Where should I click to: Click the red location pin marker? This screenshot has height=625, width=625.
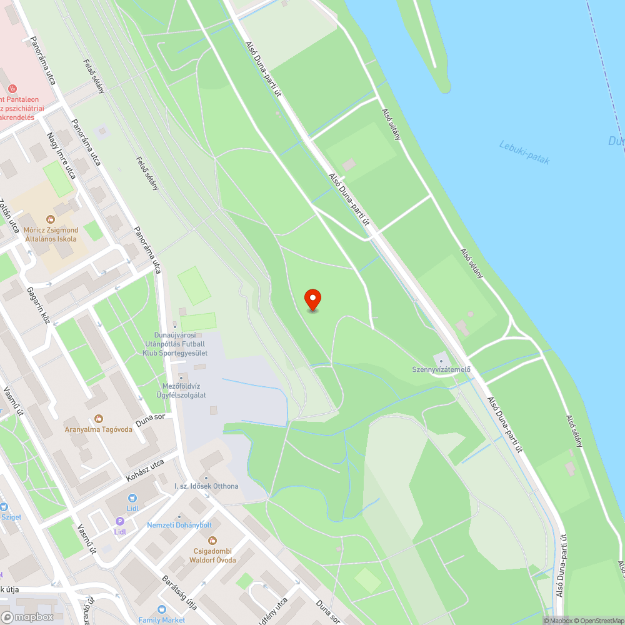pyautogui.click(x=312, y=299)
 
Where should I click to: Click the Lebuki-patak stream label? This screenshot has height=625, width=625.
pyautogui.click(x=524, y=152)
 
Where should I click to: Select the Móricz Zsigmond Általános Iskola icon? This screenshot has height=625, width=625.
pyautogui.click(x=51, y=219)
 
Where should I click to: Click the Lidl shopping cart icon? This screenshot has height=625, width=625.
pyautogui.click(x=132, y=498)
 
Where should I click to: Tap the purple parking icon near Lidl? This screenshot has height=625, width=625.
pyautogui.click(x=119, y=521)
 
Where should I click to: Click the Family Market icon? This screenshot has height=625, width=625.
pyautogui.click(x=162, y=609)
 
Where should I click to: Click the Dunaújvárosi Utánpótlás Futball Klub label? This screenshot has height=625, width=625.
pyautogui.click(x=174, y=344)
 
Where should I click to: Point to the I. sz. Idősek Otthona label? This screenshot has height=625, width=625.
pyautogui.click(x=206, y=486)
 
